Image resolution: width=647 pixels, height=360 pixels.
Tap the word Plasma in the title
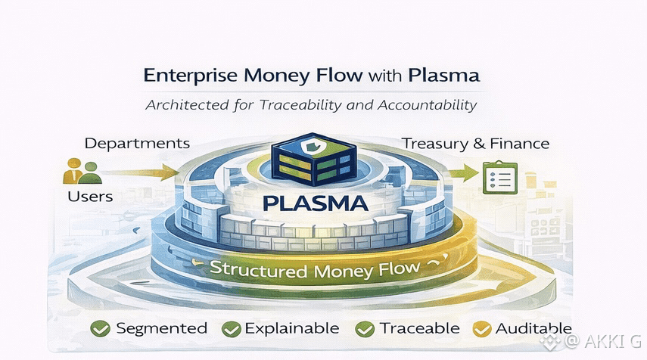pos(443,76)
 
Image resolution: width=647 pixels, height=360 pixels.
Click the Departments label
pos(137,143)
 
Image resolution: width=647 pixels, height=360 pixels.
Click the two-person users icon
pos(82,170)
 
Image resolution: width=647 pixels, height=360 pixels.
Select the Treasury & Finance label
pos(475,143)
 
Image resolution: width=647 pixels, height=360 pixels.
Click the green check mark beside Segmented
pos(100,328)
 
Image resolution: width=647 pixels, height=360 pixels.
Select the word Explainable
pos(292,328)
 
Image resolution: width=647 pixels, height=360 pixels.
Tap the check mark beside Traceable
pos(365,328)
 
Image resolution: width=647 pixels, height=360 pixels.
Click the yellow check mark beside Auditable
pos(481,328)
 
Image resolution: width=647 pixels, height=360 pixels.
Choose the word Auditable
pos(533,328)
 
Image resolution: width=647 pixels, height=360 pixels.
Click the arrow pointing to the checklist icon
pos(459,174)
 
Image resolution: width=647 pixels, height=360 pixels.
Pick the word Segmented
pos(160,328)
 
